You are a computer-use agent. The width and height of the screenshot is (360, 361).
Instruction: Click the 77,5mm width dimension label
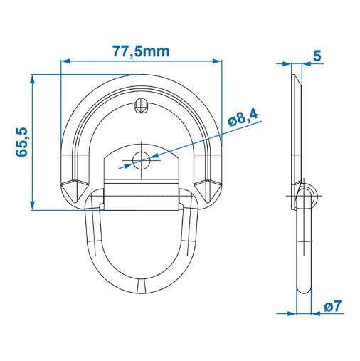click(x=141, y=51)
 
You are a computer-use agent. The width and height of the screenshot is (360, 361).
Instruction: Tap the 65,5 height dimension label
click(x=22, y=142)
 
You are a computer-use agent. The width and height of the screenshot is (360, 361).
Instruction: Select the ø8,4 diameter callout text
click(x=243, y=117)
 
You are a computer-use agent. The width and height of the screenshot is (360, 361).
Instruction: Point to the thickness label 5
click(x=317, y=56)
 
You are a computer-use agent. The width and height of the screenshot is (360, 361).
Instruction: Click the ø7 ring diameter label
click(x=332, y=306)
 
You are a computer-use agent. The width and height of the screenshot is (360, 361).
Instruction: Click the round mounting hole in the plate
click(x=142, y=160)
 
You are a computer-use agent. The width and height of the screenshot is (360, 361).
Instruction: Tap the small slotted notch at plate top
click(x=142, y=106)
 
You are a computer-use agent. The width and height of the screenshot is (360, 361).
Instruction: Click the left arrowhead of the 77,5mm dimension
click(x=66, y=61)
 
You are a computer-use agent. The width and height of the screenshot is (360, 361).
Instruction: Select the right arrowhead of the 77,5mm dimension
click(x=216, y=61)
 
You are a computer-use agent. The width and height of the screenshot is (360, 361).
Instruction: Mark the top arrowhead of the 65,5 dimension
click(x=33, y=80)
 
